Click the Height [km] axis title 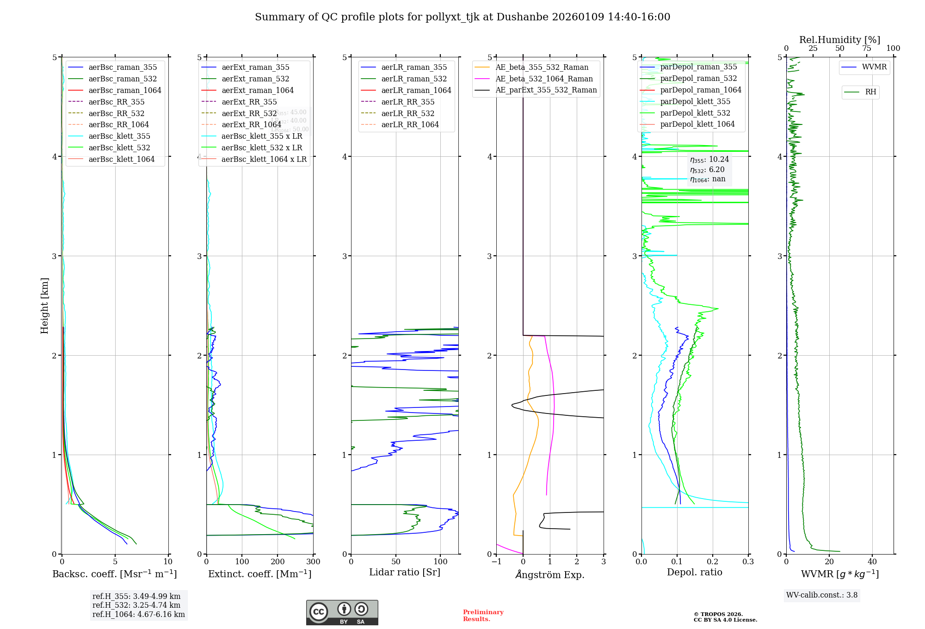click(x=44, y=306)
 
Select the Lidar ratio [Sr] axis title click(x=405, y=573)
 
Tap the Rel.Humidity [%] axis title click(x=839, y=40)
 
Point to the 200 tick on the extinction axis click(x=277, y=562)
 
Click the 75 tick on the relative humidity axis click(x=866, y=49)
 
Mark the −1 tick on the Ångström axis click(x=496, y=562)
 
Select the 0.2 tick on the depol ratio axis click(x=713, y=562)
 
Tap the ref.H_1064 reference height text click(x=138, y=615)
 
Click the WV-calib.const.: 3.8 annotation click(x=822, y=595)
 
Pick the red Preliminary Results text click(x=483, y=616)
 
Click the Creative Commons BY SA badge click(x=342, y=613)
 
